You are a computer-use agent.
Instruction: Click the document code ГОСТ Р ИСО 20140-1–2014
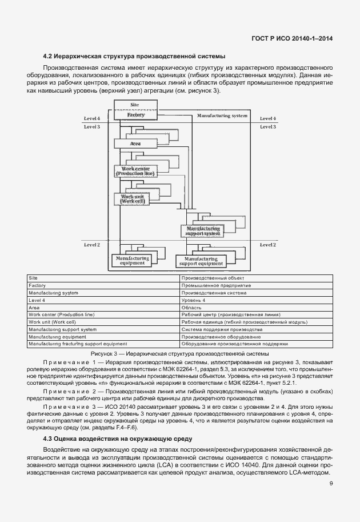pyautogui.click(x=292, y=38)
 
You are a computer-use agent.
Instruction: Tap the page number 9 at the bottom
pyautogui.click(x=331, y=484)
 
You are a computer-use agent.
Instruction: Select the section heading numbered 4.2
pyautogui.click(x=134, y=56)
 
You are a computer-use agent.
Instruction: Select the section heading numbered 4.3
pyautogui.click(x=118, y=439)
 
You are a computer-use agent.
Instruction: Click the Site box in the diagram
pyautogui.click(x=135, y=105)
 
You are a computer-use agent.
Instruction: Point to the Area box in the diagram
pyautogui.click(x=135, y=144)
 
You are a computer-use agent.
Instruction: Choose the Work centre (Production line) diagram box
pyautogui.click(x=135, y=171)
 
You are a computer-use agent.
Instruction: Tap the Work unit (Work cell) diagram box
pyautogui.click(x=132, y=199)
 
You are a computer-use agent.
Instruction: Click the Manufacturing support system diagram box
pyautogui.click(x=200, y=230)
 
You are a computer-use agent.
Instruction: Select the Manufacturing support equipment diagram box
pyautogui.click(x=201, y=261)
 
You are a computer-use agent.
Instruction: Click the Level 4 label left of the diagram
pyautogui.click(x=92, y=118)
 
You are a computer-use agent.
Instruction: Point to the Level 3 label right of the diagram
pyautogui.click(x=267, y=126)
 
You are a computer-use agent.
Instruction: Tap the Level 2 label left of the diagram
pyautogui.click(x=92, y=245)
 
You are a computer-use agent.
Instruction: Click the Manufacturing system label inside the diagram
pyautogui.click(x=222, y=115)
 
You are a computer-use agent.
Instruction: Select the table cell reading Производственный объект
pyautogui.click(x=207, y=278)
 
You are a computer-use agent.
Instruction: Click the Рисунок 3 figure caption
pyautogui.click(x=179, y=354)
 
